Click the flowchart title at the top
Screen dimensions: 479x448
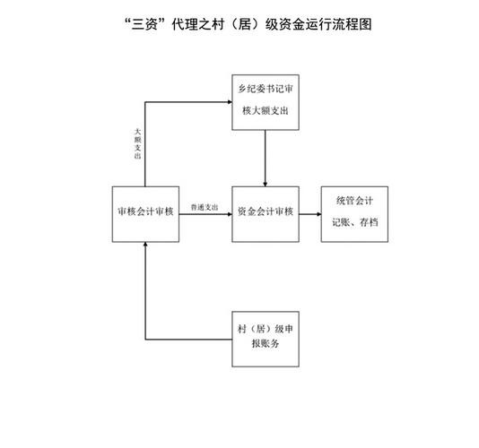(248, 24)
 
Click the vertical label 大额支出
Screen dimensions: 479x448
(138, 143)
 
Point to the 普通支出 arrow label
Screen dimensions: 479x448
(205, 208)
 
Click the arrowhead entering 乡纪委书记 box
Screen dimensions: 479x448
(230, 102)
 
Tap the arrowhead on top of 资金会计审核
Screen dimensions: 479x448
(266, 185)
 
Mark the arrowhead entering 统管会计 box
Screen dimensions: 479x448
(319, 214)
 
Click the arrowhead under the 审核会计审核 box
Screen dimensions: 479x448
(145, 244)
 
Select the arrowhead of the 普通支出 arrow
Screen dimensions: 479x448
(230, 214)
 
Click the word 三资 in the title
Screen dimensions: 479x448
(144, 24)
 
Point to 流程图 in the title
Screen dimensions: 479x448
(352, 24)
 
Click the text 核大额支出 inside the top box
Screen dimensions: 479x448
(266, 110)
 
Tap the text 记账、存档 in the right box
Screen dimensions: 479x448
(355, 222)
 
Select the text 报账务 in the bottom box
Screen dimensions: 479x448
(266, 344)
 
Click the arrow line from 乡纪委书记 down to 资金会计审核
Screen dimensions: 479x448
(266, 158)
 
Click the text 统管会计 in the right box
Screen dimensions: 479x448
(354, 201)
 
